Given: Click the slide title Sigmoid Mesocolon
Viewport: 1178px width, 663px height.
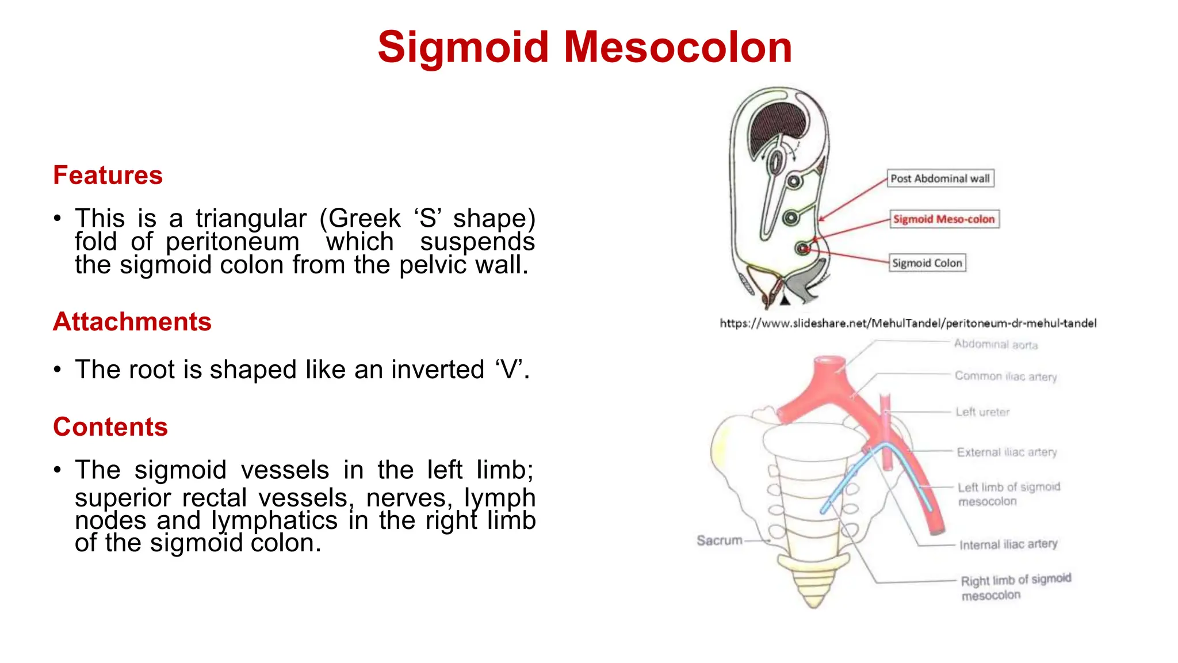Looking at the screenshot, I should pyautogui.click(x=584, y=47).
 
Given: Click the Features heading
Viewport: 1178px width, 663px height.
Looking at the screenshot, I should pyautogui.click(x=108, y=175).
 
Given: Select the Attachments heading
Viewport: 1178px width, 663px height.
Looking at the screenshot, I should pyautogui.click(x=132, y=321).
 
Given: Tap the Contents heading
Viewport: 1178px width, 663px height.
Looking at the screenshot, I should pyautogui.click(x=110, y=426).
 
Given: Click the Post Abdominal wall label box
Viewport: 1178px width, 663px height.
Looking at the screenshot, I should pyautogui.click(x=940, y=178).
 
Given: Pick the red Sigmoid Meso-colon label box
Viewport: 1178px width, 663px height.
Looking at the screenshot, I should pyautogui.click(x=943, y=219).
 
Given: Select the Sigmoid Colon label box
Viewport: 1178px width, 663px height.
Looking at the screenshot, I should pyautogui.click(x=927, y=263).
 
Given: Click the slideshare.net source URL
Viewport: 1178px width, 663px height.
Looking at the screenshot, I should pyautogui.click(x=908, y=323).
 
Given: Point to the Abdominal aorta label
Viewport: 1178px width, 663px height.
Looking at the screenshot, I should pyautogui.click(x=995, y=344).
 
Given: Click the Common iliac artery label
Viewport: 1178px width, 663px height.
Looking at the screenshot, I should pyautogui.click(x=1005, y=376).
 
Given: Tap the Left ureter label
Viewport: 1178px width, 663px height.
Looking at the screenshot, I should pyautogui.click(x=982, y=412).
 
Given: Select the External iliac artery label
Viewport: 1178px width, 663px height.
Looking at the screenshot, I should pyautogui.click(x=1007, y=452).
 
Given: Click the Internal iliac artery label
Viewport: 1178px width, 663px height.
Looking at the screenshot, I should pyautogui.click(x=1008, y=544).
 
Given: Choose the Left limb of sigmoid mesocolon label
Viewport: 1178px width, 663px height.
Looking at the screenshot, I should pyautogui.click(x=1008, y=494).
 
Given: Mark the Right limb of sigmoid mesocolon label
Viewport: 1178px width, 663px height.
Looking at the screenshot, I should pyautogui.click(x=1015, y=586).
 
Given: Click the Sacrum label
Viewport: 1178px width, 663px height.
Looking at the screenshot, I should pyautogui.click(x=719, y=540).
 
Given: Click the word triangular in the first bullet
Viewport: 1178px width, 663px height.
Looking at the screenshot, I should pyautogui.click(x=251, y=219).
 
